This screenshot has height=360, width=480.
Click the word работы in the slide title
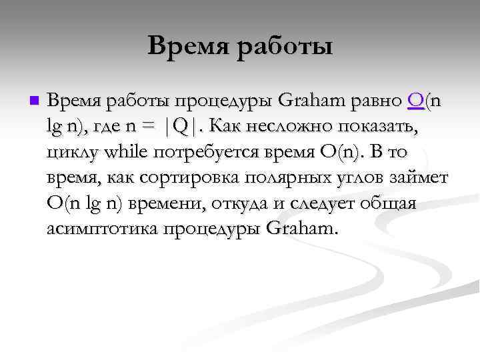pos(287,46)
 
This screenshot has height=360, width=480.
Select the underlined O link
pos(416,101)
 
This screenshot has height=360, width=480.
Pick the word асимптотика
pos(97,229)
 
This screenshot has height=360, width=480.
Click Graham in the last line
pos(301,229)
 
